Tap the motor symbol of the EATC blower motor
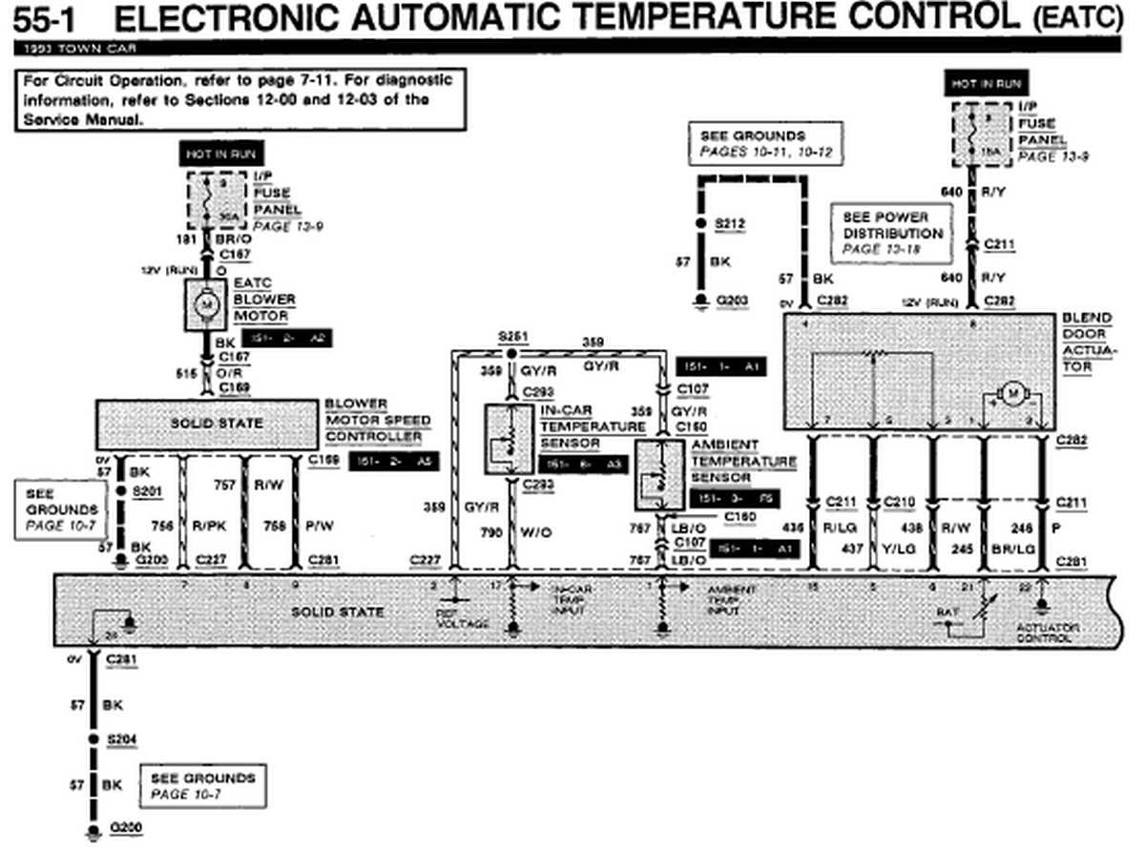pos(204,305)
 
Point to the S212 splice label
pos(730,224)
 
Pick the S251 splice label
pos(512,338)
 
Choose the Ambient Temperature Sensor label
pos(741,461)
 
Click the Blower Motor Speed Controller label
pos(377,420)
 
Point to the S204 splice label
pos(121,739)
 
